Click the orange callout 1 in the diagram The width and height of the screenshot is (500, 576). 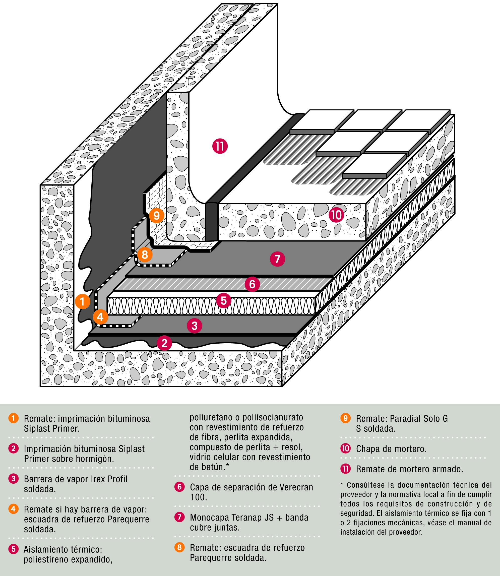[82, 301]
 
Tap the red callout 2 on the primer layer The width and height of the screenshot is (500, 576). [164, 343]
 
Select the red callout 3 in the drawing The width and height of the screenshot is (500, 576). [195, 326]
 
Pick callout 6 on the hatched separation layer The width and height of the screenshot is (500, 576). [252, 284]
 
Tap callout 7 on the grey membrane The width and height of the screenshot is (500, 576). [277, 259]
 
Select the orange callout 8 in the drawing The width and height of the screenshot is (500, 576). [145, 254]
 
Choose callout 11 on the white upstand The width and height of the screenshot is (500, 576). [220, 146]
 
